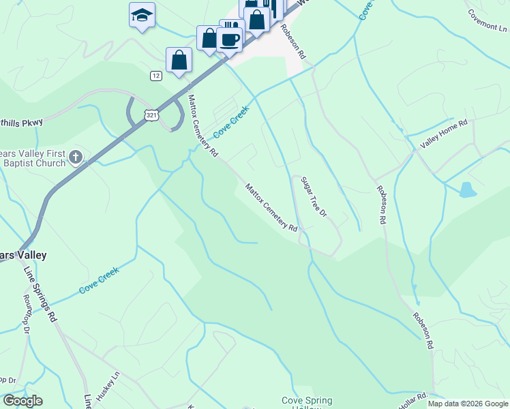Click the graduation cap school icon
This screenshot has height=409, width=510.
(142, 15)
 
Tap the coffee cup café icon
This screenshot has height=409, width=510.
(230, 38)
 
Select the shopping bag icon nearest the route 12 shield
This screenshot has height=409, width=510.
(179, 59)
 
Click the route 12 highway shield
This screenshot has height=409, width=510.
(157, 76)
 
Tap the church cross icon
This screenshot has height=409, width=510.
(76, 158)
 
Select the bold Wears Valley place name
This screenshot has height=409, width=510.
(23, 255)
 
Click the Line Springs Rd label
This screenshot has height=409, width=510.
(40, 294)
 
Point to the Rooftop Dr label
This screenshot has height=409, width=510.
(27, 320)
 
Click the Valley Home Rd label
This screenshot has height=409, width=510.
(443, 134)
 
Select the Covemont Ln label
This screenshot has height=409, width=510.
(488, 21)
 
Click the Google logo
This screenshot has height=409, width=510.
(22, 401)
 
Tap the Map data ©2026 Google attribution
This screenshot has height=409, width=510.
(468, 404)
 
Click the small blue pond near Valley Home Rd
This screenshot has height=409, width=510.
(468, 190)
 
